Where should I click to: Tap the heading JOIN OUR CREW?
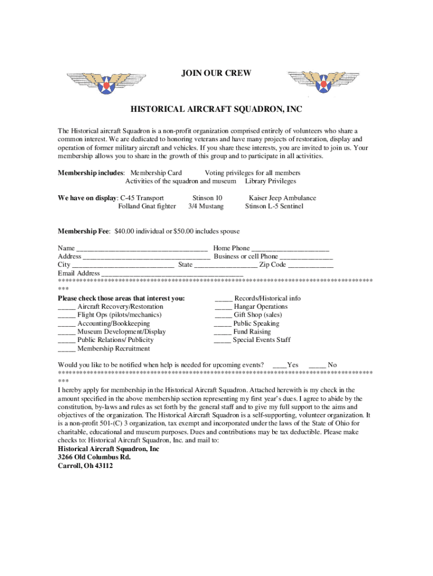click(216, 73)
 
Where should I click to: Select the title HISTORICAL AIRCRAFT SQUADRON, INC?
click(216, 108)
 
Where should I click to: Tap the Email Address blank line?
click(172, 274)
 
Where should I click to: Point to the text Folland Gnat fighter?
click(147, 206)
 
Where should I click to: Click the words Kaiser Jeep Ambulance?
click(282, 198)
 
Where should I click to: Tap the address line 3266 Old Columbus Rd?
click(94, 457)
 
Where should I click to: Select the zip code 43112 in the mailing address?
click(103, 466)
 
